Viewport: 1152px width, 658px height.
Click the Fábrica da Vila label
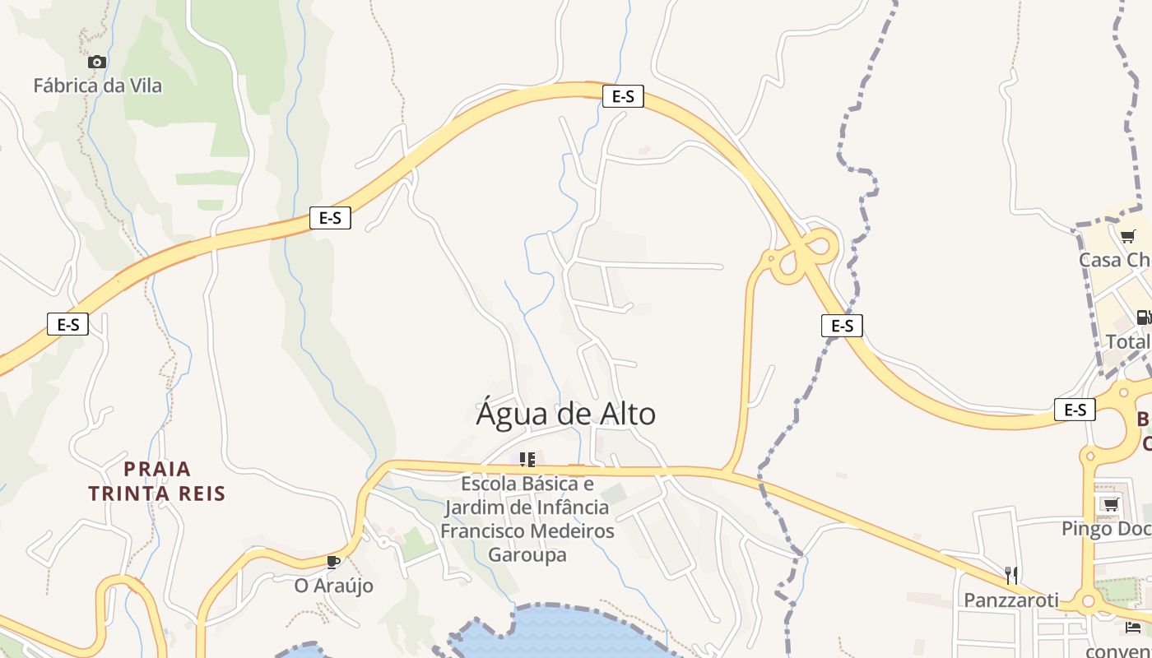(97, 86)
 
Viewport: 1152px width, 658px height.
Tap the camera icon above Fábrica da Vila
(97, 62)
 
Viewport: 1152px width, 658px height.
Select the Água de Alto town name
(566, 414)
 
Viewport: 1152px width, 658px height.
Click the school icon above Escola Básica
(527, 459)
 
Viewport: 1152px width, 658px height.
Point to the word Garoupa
(527, 554)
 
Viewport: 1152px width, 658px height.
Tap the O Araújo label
(334, 586)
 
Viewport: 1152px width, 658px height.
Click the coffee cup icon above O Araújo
(332, 562)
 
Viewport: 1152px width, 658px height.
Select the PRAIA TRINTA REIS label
(157, 481)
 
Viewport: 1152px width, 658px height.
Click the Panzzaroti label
(1011, 600)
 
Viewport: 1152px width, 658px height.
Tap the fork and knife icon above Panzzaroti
(1011, 576)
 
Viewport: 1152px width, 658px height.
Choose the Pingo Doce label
(1106, 528)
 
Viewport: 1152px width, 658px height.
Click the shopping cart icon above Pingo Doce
(1110, 504)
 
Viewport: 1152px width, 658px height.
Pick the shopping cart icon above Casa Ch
(1127, 237)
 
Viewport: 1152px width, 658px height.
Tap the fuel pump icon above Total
(1143, 317)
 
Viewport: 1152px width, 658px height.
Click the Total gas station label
(1128, 341)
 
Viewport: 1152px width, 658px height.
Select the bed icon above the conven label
(1133, 628)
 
